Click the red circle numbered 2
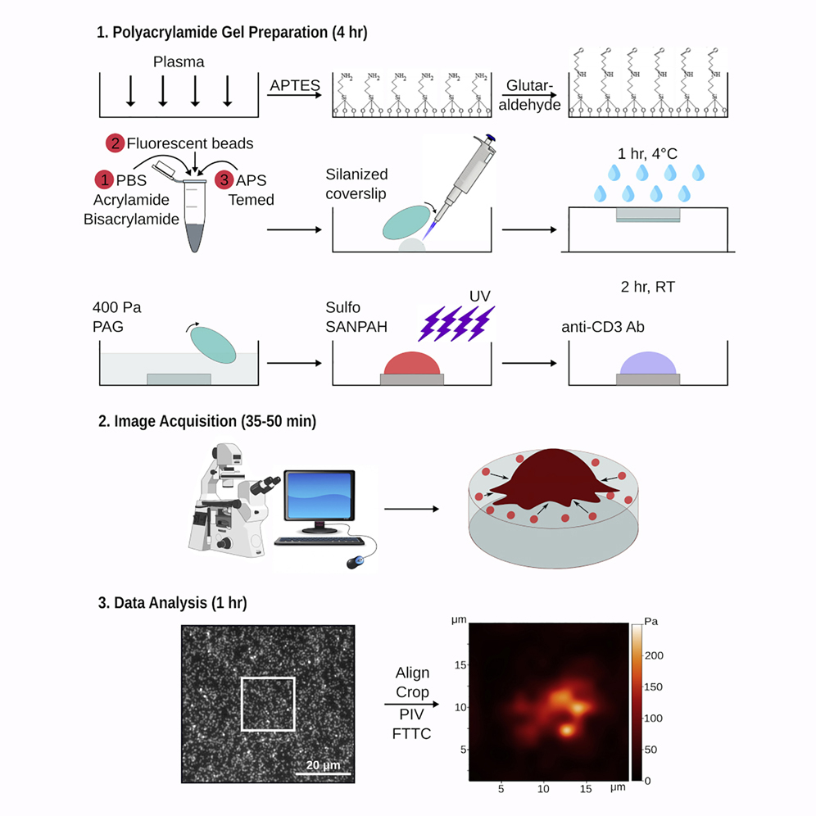coord(114,143)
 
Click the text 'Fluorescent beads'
coord(190,143)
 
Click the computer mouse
coord(356,562)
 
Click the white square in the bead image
coord(268,703)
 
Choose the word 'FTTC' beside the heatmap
coord(412,732)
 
